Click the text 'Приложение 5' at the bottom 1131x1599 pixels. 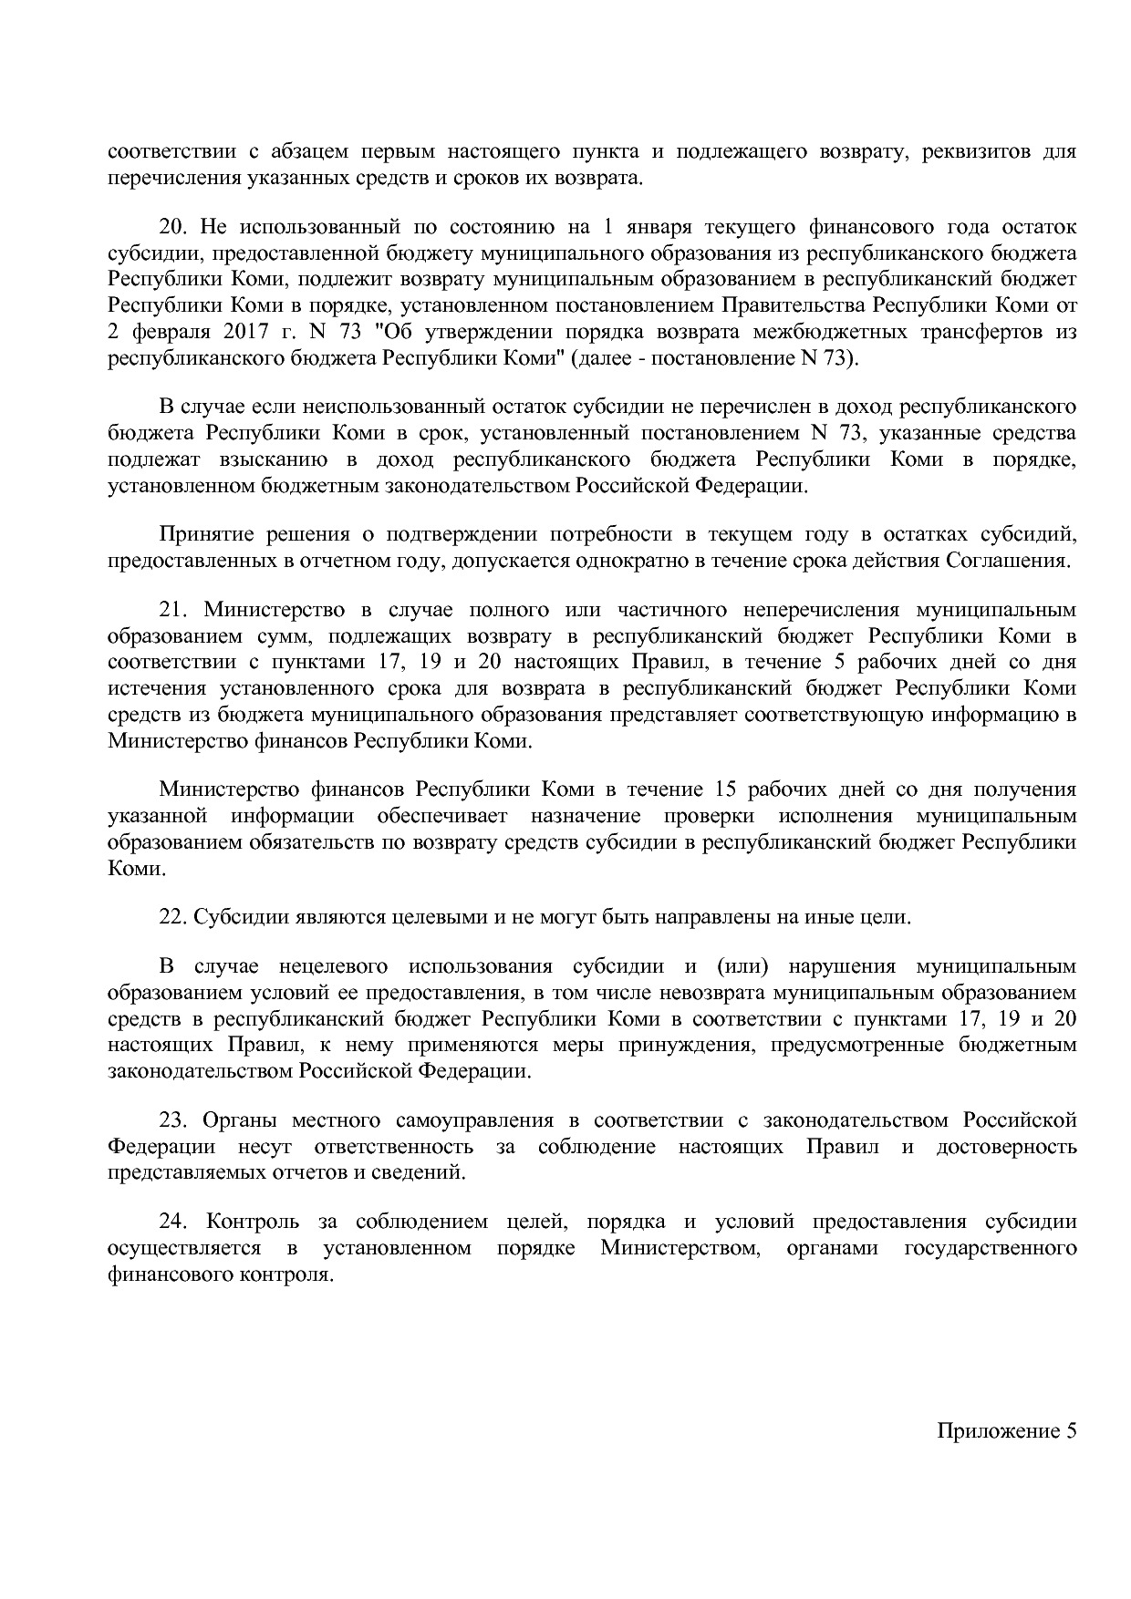(1007, 1430)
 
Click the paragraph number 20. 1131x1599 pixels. (172, 226)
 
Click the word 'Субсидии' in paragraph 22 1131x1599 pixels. (235, 916)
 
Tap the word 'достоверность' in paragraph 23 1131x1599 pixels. (1006, 1146)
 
